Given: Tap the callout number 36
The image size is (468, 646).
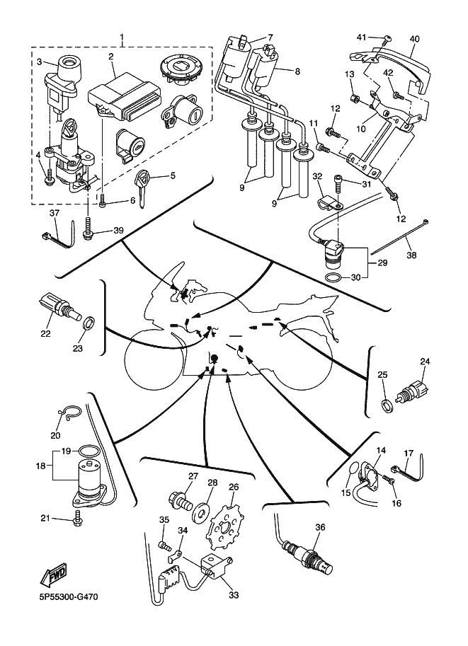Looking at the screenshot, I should click(x=320, y=526).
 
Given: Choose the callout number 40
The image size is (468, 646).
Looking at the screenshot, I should click(x=414, y=39).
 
